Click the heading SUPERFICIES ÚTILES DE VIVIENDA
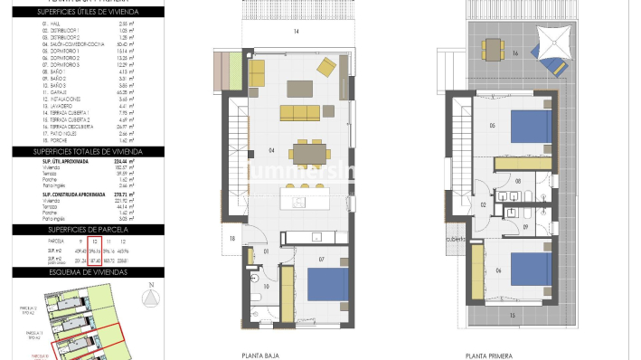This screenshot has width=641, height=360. click(88, 12)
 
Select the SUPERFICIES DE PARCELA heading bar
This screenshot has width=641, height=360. click(88, 231)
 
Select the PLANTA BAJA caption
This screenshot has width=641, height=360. click(259, 355)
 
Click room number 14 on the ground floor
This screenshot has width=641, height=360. click(296, 32)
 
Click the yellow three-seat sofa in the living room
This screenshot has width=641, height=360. click(299, 112)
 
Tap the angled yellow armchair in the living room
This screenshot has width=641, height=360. click(325, 66)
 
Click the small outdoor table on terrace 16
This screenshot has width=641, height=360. click(492, 47)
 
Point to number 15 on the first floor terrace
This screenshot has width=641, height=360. click(511, 315)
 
